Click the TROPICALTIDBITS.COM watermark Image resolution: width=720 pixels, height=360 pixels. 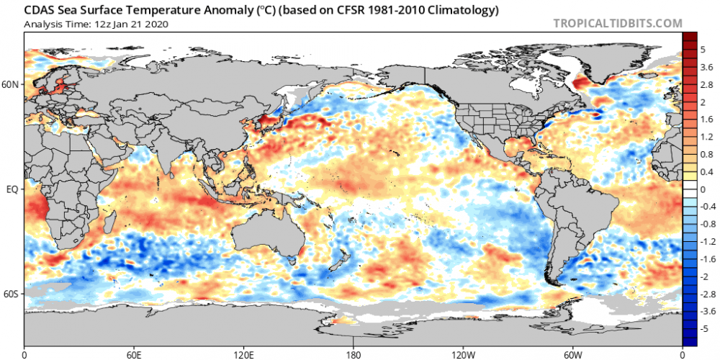617,23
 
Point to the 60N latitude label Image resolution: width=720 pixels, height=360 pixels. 11,84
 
